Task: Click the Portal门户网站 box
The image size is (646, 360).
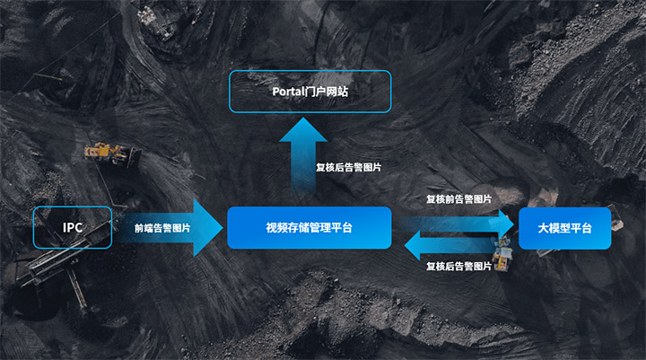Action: (310, 91)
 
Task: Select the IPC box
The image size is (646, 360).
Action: (72, 227)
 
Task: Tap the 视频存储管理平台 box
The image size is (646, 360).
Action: (309, 227)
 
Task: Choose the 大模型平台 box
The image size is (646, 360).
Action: (564, 227)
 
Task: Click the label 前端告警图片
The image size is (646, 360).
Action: (162, 228)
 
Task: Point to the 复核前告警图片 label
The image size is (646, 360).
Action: (458, 198)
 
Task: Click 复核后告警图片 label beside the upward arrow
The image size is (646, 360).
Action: (349, 167)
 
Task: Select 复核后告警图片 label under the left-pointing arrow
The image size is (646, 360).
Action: (458, 266)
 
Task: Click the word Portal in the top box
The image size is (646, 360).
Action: (291, 92)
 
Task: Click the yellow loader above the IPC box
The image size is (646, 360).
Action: (108, 151)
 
